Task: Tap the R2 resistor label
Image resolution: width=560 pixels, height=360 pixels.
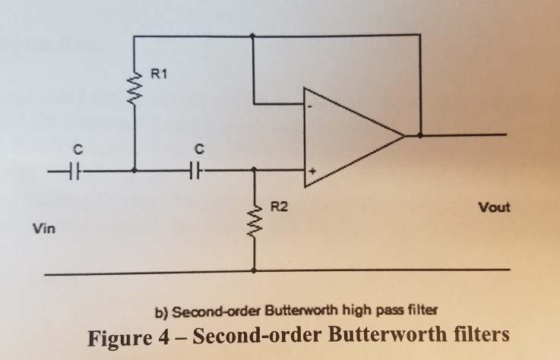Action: click(x=278, y=206)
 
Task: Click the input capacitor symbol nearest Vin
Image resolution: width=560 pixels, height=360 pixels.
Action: click(x=77, y=170)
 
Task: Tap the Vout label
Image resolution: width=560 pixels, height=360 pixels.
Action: click(x=494, y=207)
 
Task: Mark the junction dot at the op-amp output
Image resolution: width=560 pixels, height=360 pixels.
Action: click(x=419, y=136)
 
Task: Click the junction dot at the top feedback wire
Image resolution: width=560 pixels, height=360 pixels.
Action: click(x=253, y=35)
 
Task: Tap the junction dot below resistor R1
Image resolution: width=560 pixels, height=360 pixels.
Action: click(x=134, y=170)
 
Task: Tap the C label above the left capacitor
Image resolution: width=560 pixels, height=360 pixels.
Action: click(x=77, y=145)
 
